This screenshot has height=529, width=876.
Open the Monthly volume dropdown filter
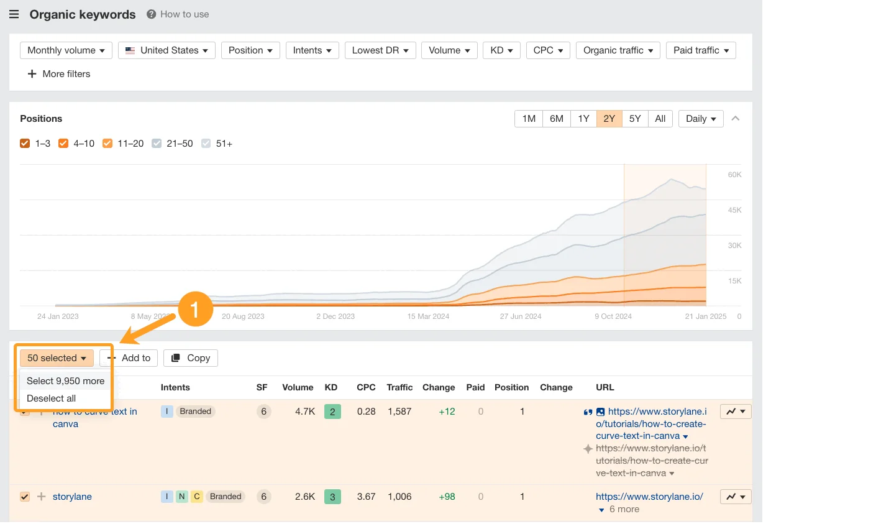click(66, 50)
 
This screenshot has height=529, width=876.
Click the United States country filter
click(167, 50)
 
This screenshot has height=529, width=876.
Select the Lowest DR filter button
click(380, 50)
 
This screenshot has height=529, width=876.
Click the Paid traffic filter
click(700, 50)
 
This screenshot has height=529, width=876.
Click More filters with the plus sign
click(59, 74)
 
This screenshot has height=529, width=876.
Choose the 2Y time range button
click(609, 119)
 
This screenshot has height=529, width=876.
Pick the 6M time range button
click(556, 119)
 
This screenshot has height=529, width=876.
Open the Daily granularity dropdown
click(700, 119)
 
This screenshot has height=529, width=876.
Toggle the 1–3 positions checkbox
click(25, 144)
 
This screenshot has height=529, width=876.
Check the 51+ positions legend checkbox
click(206, 144)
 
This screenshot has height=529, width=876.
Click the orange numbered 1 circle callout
click(195, 309)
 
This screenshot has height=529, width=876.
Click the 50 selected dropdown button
click(57, 358)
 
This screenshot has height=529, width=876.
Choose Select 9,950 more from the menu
click(65, 381)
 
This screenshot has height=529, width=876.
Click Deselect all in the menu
click(51, 398)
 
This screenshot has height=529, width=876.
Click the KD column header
click(331, 387)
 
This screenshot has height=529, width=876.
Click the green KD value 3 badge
click(332, 497)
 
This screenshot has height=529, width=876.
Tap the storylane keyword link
click(72, 497)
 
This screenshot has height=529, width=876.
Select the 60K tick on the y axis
click(734, 175)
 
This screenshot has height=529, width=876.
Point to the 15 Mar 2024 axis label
click(428, 316)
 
